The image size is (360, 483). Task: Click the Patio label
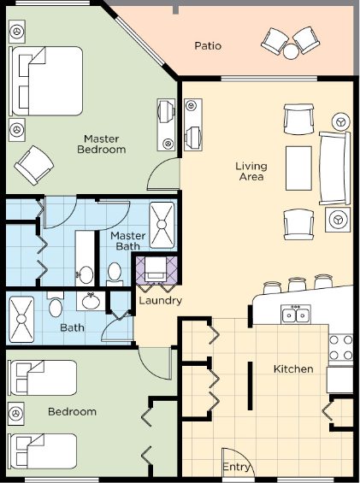click(x=208, y=46)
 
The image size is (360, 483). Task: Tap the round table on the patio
click(x=291, y=51)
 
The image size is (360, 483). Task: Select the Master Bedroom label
click(x=102, y=144)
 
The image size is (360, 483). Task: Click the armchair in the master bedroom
click(x=34, y=165)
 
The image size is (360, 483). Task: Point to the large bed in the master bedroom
click(x=46, y=81)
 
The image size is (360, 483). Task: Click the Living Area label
click(x=251, y=171)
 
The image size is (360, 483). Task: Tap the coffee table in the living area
click(x=298, y=168)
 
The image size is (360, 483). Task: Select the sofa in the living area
click(x=334, y=168)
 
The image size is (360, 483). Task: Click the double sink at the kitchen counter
click(x=296, y=315)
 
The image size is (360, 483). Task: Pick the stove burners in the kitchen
click(x=341, y=347)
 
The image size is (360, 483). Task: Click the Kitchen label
click(x=293, y=368)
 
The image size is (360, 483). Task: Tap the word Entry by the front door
click(x=236, y=467)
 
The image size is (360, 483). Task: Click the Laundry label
click(x=160, y=301)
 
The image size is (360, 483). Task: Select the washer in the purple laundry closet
click(x=156, y=269)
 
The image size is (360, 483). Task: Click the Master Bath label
click(x=127, y=241)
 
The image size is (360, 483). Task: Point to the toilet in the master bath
click(x=115, y=274)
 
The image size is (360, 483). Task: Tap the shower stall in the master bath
click(x=162, y=225)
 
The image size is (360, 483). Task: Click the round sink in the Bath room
click(x=91, y=301)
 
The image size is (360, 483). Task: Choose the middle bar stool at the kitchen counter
click(x=297, y=285)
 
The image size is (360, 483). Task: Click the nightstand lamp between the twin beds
click(x=15, y=414)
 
